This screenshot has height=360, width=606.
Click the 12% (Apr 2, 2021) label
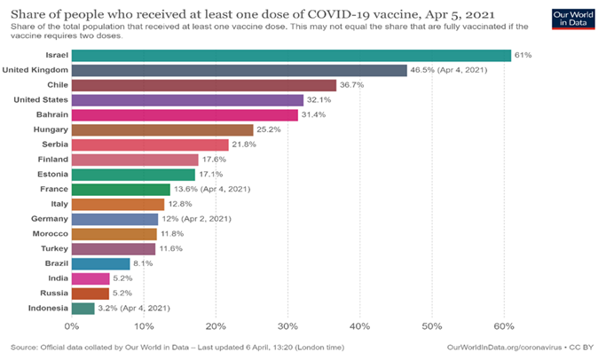197,219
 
